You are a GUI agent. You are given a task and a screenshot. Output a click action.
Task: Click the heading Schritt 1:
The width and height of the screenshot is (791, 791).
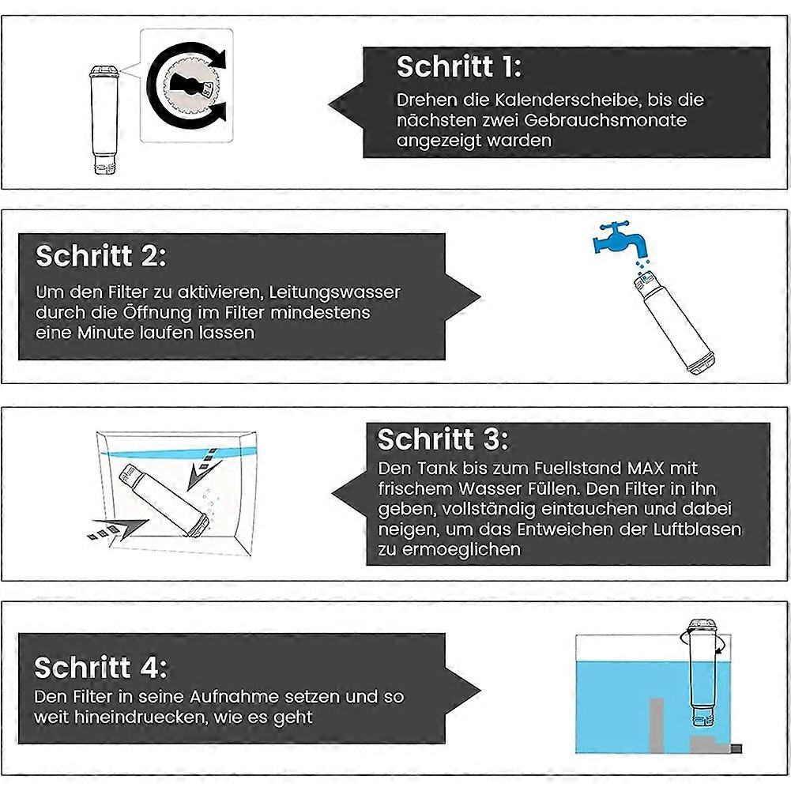[x=459, y=66]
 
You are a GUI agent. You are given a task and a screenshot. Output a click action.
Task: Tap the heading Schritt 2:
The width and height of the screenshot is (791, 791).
[x=101, y=255]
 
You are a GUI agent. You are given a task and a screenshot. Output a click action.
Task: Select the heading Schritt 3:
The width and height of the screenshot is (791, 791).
[x=443, y=439]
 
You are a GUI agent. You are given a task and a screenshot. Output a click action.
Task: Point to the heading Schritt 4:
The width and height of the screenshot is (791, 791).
[x=100, y=668]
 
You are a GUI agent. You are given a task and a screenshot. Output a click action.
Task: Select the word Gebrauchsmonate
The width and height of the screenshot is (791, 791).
[x=605, y=120]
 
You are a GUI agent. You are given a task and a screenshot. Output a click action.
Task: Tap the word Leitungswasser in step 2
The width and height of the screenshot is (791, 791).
[x=334, y=292]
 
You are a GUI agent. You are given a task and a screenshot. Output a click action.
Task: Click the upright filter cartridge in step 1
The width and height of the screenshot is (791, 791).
[x=104, y=119]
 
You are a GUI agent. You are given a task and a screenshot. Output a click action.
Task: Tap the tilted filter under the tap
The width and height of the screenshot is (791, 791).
[x=674, y=322]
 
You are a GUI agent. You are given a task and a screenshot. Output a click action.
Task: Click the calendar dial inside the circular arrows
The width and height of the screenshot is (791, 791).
[x=188, y=85]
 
